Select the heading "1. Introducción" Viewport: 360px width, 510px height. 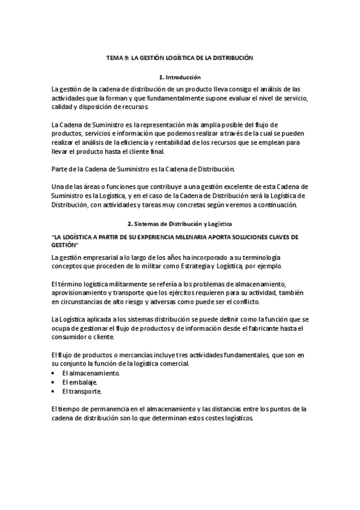pos(180,78)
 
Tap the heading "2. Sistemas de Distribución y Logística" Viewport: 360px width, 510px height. pos(180,224)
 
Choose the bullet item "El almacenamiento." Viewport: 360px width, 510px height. pos(91,373)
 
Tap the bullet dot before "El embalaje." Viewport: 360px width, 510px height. pos(54,382)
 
